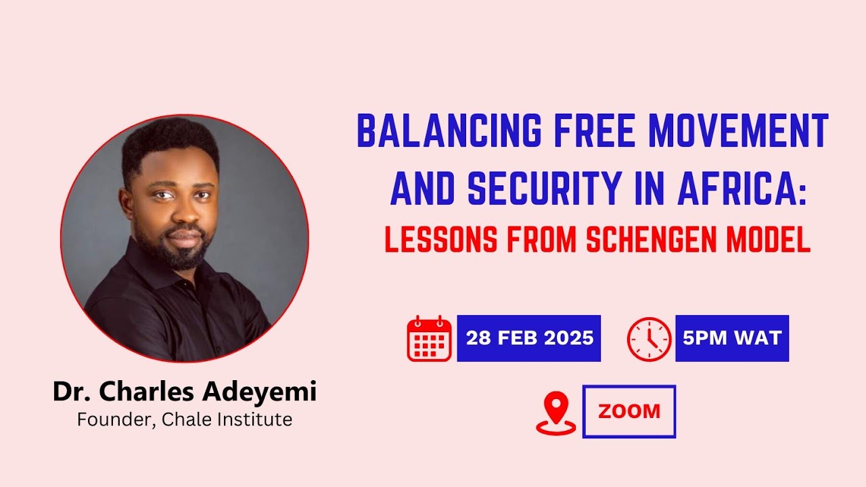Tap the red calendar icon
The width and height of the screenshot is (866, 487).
pyautogui.click(x=429, y=338)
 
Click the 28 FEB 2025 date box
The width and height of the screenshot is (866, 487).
pyautogui.click(x=529, y=338)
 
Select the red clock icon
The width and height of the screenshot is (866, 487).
pyautogui.click(x=649, y=338)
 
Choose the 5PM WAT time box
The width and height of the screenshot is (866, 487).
pyautogui.click(x=732, y=338)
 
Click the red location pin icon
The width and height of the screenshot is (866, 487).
pyautogui.click(x=556, y=413)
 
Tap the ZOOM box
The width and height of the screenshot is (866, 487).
pyautogui.click(x=629, y=411)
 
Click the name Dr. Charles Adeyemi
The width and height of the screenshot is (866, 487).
pyautogui.click(x=185, y=392)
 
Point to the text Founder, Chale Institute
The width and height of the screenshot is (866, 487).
pyautogui.click(x=185, y=419)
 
